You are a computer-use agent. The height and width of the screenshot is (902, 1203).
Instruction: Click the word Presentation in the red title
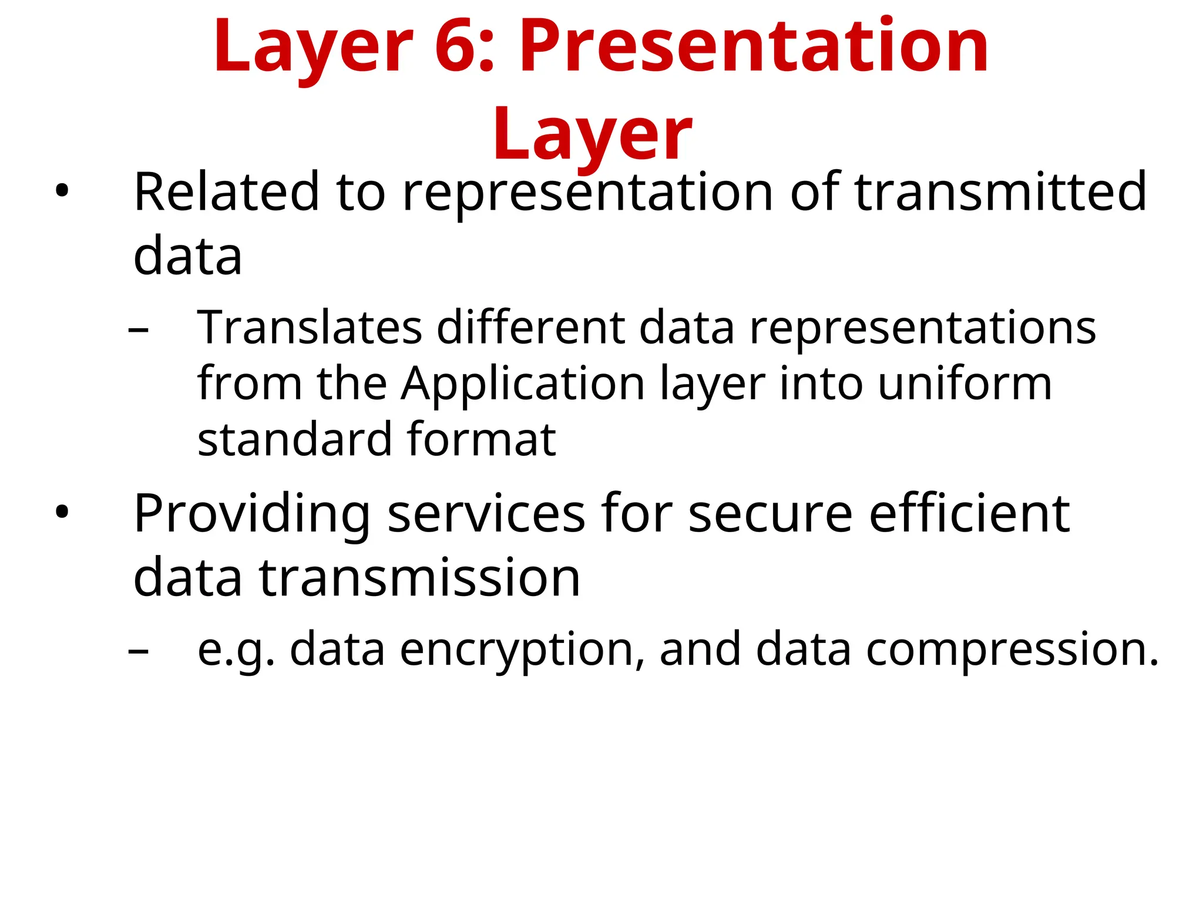754,47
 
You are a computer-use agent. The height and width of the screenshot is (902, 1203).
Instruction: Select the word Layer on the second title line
592,134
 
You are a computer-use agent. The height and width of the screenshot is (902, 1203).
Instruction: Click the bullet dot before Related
62,191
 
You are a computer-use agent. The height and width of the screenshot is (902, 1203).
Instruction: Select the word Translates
310,327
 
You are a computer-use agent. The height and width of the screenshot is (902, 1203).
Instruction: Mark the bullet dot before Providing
62,512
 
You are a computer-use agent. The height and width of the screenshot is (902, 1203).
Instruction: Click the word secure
770,513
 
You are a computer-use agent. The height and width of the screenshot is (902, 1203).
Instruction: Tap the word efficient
969,513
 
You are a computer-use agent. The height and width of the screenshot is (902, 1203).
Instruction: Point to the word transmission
419,577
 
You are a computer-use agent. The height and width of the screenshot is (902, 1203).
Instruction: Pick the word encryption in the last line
516,649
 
